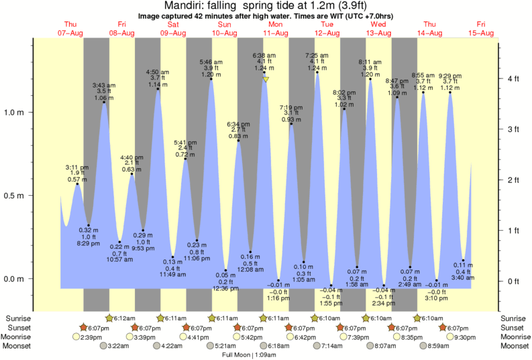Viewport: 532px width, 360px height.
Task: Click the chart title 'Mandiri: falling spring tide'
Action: coord(266,5)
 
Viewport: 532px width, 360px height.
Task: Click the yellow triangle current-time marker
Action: coord(266,80)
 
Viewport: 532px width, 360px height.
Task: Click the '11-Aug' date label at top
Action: coord(276,33)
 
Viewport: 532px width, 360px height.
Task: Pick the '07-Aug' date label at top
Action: coord(71,33)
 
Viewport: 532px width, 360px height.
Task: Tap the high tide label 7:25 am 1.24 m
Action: coord(317,62)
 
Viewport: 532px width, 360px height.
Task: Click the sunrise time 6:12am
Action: coord(122,318)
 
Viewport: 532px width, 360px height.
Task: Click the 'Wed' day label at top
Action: coord(378,25)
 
